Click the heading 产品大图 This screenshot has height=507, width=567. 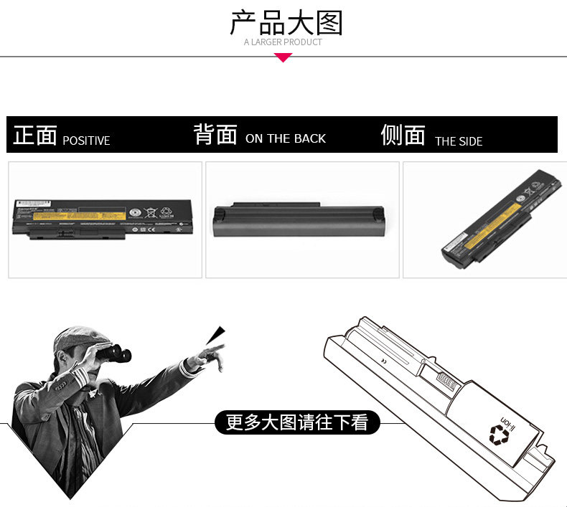[286, 23]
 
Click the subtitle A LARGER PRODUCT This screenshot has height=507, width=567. [283, 42]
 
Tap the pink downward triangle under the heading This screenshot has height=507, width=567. [283, 57]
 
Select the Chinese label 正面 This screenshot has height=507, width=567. [34, 135]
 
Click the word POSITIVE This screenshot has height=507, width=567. [86, 141]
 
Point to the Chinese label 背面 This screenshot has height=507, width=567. [215, 134]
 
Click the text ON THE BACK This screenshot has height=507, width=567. [286, 138]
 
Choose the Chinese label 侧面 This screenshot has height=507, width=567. [403, 135]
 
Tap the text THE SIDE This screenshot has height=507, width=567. [459, 141]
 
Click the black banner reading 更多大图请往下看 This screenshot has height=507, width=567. [297, 422]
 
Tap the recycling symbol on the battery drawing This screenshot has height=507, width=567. [498, 434]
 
